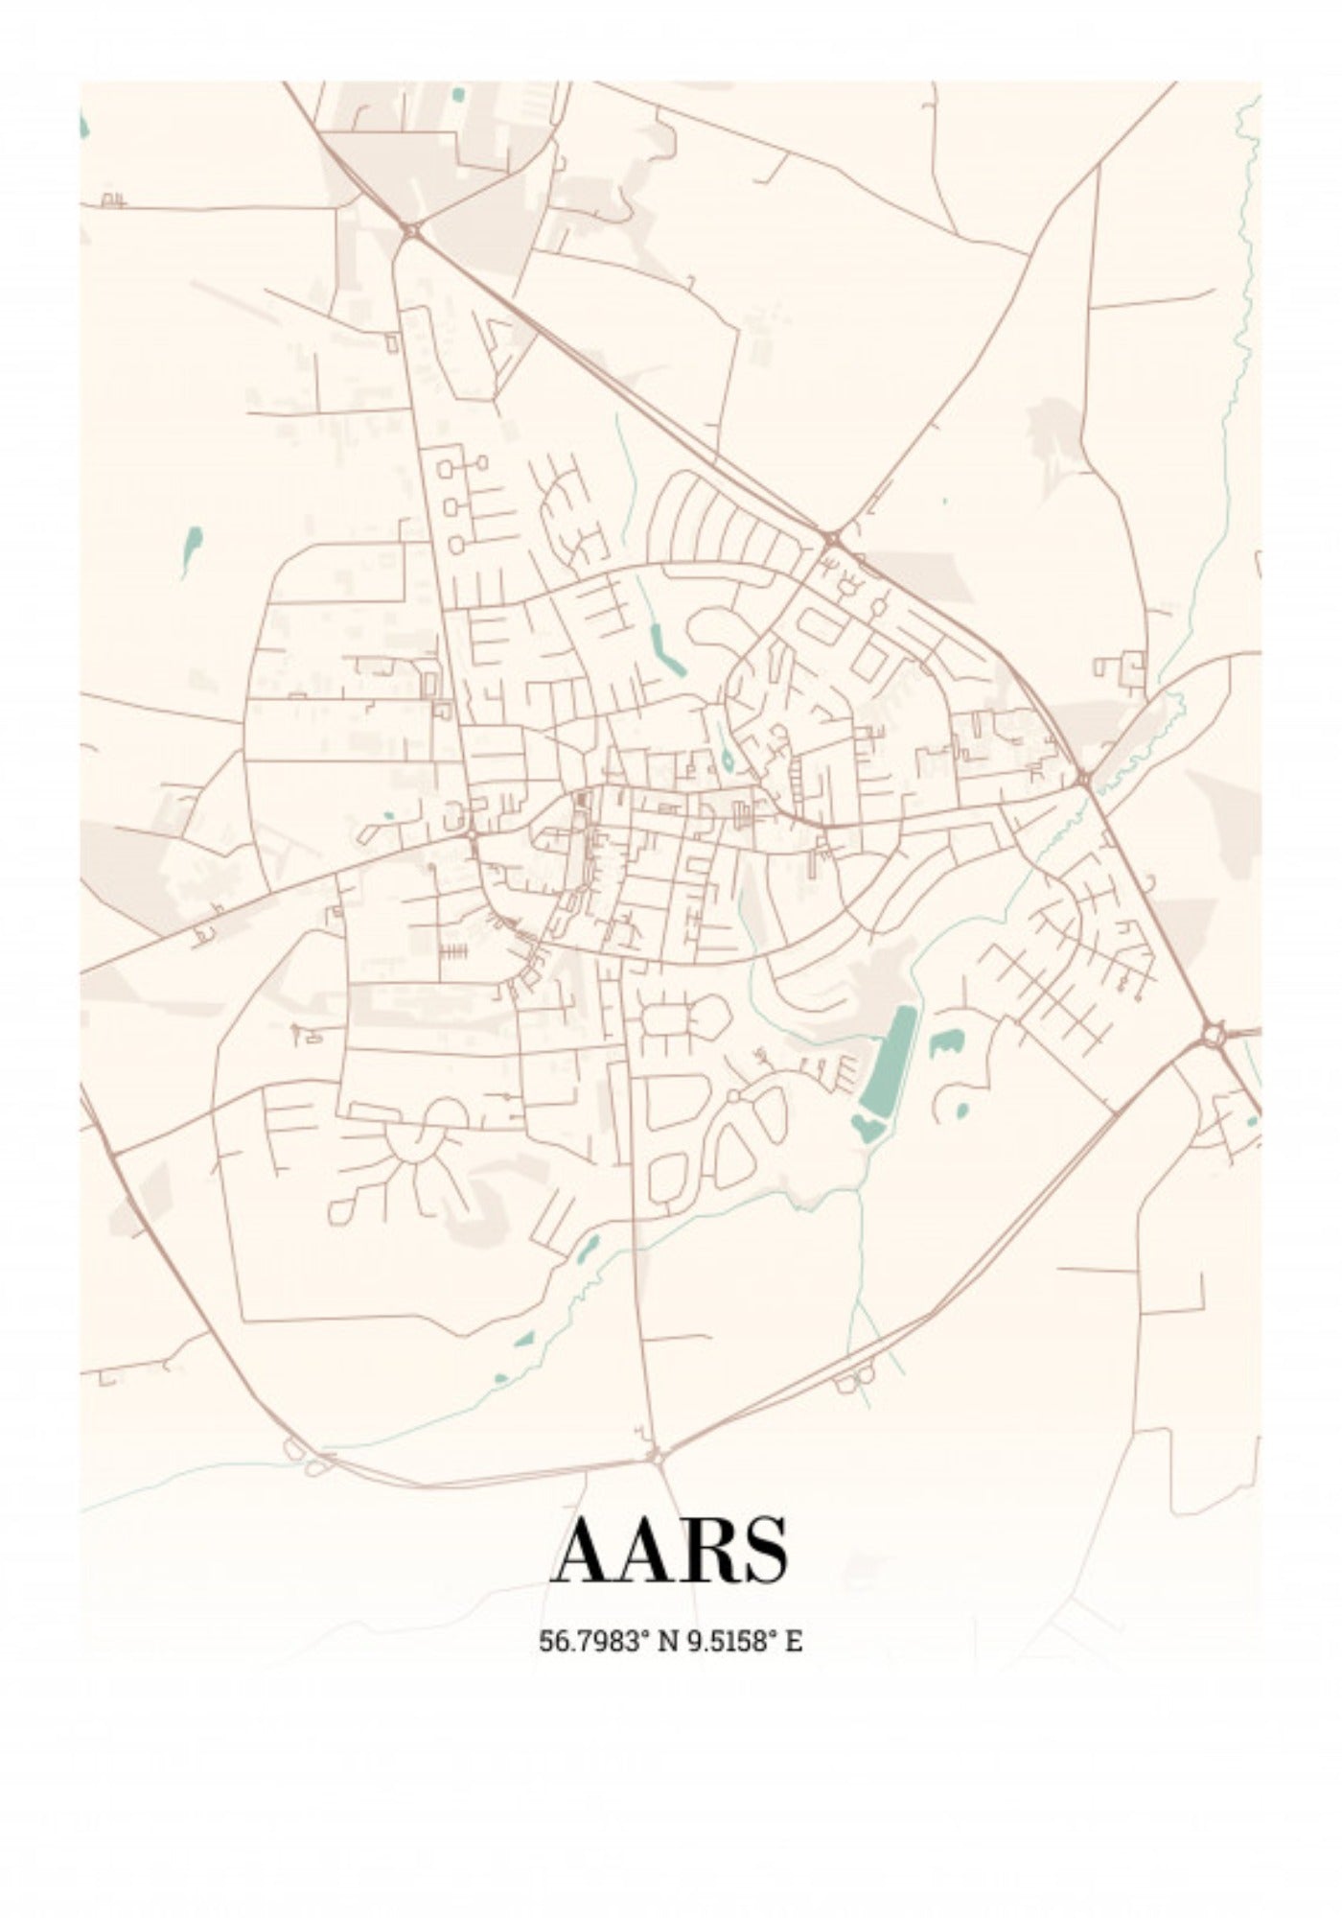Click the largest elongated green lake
[887, 1060]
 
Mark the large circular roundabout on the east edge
[1215, 1035]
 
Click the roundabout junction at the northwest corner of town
[411, 230]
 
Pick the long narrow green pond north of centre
[661, 646]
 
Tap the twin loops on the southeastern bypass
[854, 1378]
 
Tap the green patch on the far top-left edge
[83, 126]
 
